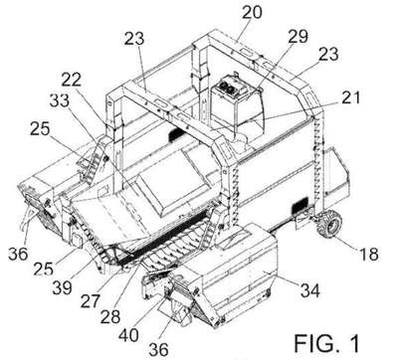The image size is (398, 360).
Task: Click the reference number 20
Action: [253, 12]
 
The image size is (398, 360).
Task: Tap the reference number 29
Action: [298, 36]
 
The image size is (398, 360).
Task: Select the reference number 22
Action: [72, 80]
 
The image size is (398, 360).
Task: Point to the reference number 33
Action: [60, 100]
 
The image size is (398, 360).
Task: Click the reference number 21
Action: [349, 97]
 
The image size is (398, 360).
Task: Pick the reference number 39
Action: [62, 287]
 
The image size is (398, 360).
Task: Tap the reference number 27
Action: [90, 300]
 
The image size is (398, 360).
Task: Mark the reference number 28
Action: [110, 316]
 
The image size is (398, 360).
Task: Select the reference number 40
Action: [128, 335]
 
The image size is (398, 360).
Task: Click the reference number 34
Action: [310, 290]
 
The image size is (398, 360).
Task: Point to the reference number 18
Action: [368, 254]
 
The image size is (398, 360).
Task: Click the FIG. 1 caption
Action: [326, 343]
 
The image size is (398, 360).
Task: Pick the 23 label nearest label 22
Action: [134, 39]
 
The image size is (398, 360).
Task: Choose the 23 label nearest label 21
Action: [328, 55]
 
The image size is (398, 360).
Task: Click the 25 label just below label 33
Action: [40, 129]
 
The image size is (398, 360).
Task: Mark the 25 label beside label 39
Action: [44, 269]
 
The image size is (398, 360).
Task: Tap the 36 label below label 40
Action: [158, 349]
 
